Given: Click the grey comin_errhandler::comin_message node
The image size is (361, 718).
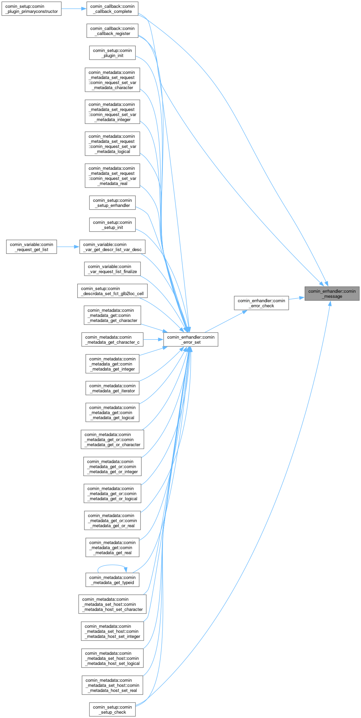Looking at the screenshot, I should (332, 294).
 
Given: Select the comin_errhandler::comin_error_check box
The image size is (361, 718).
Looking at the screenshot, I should (261, 303).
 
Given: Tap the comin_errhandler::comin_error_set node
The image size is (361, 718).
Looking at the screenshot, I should (191, 340).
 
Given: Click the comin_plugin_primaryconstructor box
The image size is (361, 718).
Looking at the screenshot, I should (31, 9).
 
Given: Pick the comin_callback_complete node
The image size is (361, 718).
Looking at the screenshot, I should (112, 9).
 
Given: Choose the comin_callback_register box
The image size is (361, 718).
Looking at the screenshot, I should (112, 31).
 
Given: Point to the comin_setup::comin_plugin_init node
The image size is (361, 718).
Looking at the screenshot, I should (112, 53).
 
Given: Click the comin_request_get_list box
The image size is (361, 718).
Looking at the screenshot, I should (31, 247).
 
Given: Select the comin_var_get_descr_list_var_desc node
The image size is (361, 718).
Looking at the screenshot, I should (112, 247).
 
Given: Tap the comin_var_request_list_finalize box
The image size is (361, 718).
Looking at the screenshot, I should (112, 269).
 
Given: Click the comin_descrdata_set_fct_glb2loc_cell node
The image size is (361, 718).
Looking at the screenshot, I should (112, 291).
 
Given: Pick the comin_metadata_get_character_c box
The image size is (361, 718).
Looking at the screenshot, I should (112, 340).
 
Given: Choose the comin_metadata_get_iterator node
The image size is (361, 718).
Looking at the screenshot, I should (112, 388).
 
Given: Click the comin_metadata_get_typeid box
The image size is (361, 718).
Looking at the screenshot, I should (112, 580).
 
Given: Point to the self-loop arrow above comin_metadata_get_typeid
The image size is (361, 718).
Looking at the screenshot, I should (111, 565).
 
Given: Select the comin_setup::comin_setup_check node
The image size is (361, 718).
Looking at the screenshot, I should (112, 709).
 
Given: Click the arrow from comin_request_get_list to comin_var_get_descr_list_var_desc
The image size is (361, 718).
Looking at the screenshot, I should (68, 247).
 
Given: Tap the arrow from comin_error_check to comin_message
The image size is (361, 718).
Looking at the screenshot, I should (297, 298).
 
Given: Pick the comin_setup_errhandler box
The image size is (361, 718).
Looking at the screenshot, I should (112, 203).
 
